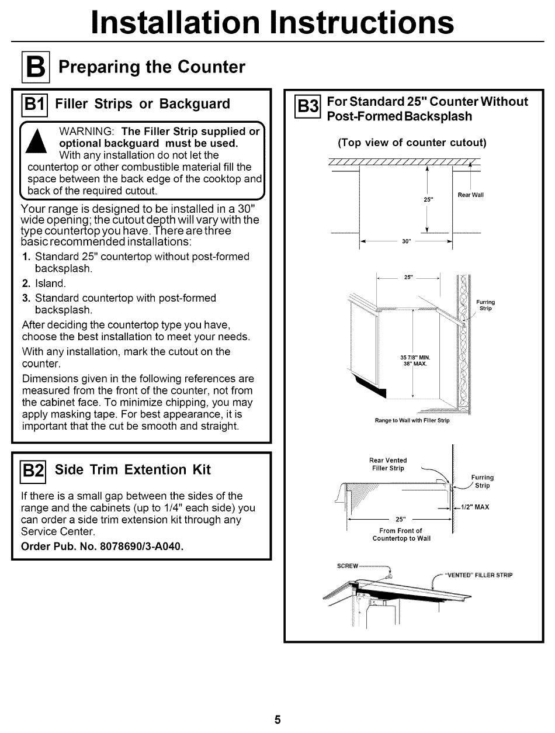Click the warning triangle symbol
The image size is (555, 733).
36,141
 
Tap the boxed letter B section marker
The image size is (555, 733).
36,67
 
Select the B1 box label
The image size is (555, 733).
34,105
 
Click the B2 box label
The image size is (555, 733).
33,472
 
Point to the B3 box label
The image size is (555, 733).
308,106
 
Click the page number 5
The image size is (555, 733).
277,720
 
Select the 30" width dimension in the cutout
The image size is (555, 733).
406,241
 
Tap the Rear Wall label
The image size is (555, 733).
470,195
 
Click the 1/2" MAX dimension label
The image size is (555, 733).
475,507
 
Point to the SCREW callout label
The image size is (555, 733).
348,566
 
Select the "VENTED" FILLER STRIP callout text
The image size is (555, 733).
479,575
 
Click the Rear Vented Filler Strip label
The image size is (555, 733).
388,464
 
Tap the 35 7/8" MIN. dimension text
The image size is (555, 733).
415,357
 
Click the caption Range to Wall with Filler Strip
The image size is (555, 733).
412,420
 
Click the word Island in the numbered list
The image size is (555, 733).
50,283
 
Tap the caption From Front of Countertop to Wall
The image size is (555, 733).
401,534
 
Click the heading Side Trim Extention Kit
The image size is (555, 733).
133,469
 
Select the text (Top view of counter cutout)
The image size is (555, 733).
412,143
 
